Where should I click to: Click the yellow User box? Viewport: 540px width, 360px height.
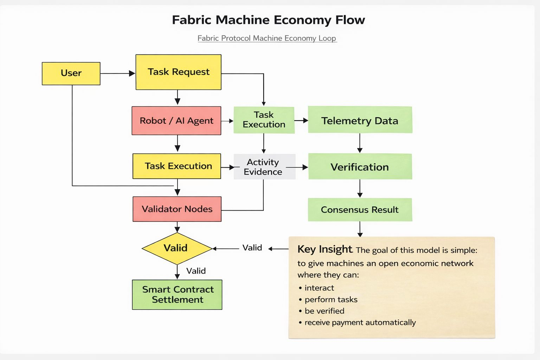71,73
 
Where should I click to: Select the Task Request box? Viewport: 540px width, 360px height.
178,72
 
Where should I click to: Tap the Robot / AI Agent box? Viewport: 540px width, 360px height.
176,121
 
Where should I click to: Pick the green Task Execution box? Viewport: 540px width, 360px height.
264,120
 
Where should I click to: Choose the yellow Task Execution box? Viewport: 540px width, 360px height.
176,166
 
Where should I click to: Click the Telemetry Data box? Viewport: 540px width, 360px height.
360,120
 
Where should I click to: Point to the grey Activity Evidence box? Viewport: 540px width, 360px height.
264,167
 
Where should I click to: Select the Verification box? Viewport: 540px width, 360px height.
360,167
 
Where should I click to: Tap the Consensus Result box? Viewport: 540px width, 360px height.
360,210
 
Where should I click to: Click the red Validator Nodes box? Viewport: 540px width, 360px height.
177,209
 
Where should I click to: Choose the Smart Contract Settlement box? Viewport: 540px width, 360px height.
177,295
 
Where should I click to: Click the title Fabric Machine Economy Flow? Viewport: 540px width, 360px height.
268,20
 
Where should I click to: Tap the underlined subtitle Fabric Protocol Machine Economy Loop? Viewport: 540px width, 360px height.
267,38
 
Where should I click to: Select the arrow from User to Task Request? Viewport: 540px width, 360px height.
117,73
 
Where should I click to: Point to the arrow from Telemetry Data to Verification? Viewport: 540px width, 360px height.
360,143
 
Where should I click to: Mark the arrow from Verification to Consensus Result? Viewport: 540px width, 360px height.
360,188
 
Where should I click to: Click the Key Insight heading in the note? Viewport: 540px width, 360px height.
324,249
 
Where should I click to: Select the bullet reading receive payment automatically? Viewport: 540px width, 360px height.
360,322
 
